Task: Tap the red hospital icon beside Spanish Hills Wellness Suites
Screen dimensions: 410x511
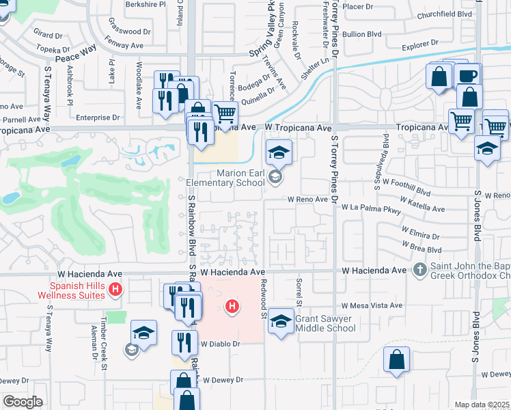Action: pos(115,290)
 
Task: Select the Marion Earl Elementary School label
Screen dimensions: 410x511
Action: pos(226,178)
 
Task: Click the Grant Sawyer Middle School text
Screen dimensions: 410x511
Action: pos(326,323)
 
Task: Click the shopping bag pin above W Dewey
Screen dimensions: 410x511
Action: pos(396,360)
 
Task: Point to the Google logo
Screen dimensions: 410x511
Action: pos(22,402)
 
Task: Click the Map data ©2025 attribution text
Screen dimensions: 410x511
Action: pos(482,405)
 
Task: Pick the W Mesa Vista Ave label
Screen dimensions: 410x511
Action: pos(372,305)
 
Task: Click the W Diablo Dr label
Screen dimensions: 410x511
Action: pos(221,344)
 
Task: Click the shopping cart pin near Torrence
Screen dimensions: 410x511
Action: pos(224,113)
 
